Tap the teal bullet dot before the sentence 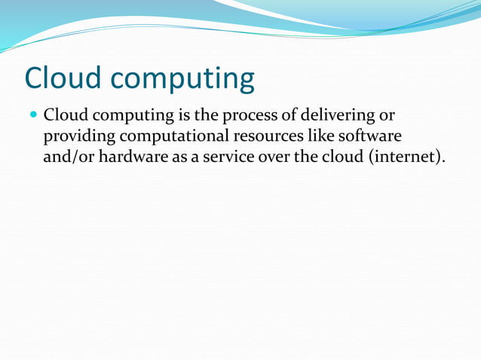click(32, 117)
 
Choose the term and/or click(68, 159)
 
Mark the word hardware click(133, 158)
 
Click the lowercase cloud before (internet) click(344, 158)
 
